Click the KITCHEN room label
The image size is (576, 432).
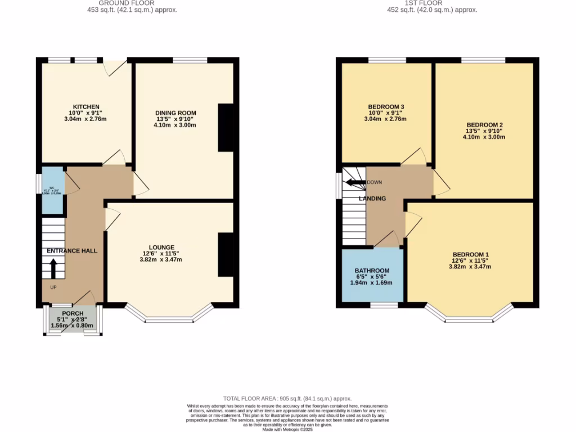pyautogui.click(x=86, y=107)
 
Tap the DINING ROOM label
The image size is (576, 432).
pyautogui.click(x=175, y=113)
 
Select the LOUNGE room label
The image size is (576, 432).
pyautogui.click(x=161, y=247)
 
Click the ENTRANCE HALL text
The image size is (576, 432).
pyautogui.click(x=72, y=251)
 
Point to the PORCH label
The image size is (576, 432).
pyautogui.click(x=73, y=313)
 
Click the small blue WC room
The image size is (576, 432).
pyautogui.click(x=52, y=190)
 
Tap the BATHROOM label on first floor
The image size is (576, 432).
pyautogui.click(x=372, y=271)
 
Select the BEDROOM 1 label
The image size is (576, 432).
pyautogui.click(x=470, y=255)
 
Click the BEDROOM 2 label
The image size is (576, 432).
pyautogui.click(x=484, y=125)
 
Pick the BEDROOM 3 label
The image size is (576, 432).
pyautogui.click(x=386, y=107)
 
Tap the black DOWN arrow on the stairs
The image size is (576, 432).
pyautogui.click(x=355, y=182)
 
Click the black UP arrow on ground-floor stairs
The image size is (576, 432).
pyautogui.click(x=53, y=268)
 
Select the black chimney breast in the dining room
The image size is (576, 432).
pyautogui.click(x=225, y=128)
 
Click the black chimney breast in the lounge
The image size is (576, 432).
pyautogui.click(x=225, y=255)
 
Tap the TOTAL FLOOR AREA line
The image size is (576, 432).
pyautogui.click(x=287, y=398)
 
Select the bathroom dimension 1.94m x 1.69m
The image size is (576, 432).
pyautogui.click(x=371, y=283)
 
